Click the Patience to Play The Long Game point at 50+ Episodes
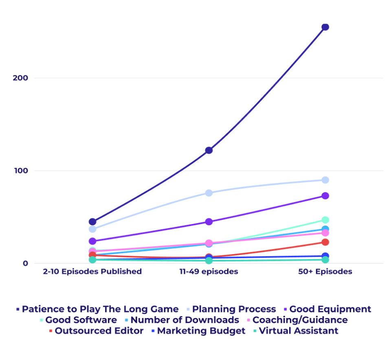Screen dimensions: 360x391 click(x=325, y=27)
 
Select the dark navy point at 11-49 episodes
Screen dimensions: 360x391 click(x=209, y=150)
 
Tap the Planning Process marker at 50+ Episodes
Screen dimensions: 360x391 click(x=325, y=180)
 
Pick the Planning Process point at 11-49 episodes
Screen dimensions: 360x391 click(x=209, y=193)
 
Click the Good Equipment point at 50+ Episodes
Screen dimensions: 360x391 click(x=325, y=196)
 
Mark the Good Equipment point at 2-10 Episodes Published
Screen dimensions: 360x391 click(x=92, y=241)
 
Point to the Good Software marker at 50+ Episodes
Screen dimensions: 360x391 click(x=325, y=220)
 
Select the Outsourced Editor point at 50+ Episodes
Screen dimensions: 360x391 click(x=325, y=242)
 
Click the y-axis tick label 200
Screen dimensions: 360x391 click(x=20, y=78)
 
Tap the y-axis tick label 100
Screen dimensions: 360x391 click(x=20, y=171)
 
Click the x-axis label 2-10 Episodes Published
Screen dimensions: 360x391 click(x=92, y=272)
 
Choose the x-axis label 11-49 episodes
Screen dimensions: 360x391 click(x=209, y=272)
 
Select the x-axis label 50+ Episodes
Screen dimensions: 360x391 click(x=325, y=272)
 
